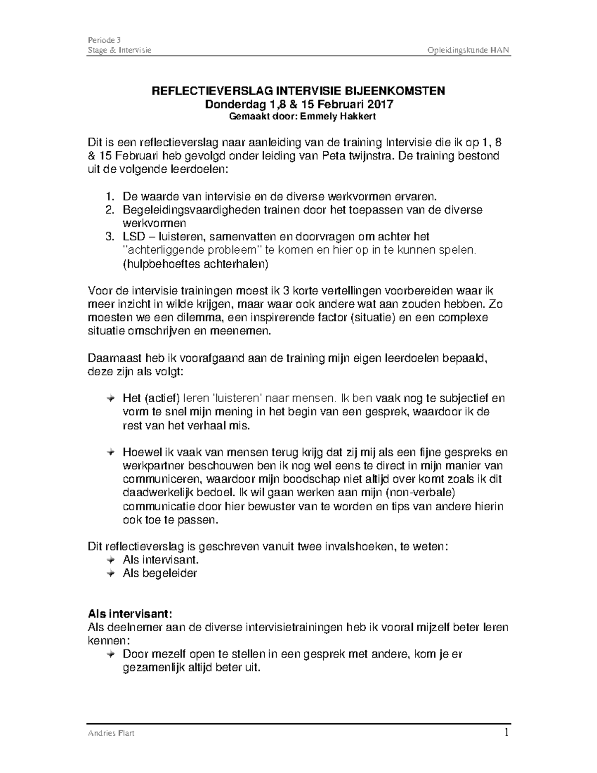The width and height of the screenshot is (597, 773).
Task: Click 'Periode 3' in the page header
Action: tap(104, 40)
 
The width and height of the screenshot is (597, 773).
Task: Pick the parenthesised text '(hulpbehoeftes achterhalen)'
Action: tap(195, 264)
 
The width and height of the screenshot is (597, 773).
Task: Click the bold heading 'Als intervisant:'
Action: tap(130, 613)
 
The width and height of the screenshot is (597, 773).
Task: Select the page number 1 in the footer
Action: tap(506, 733)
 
